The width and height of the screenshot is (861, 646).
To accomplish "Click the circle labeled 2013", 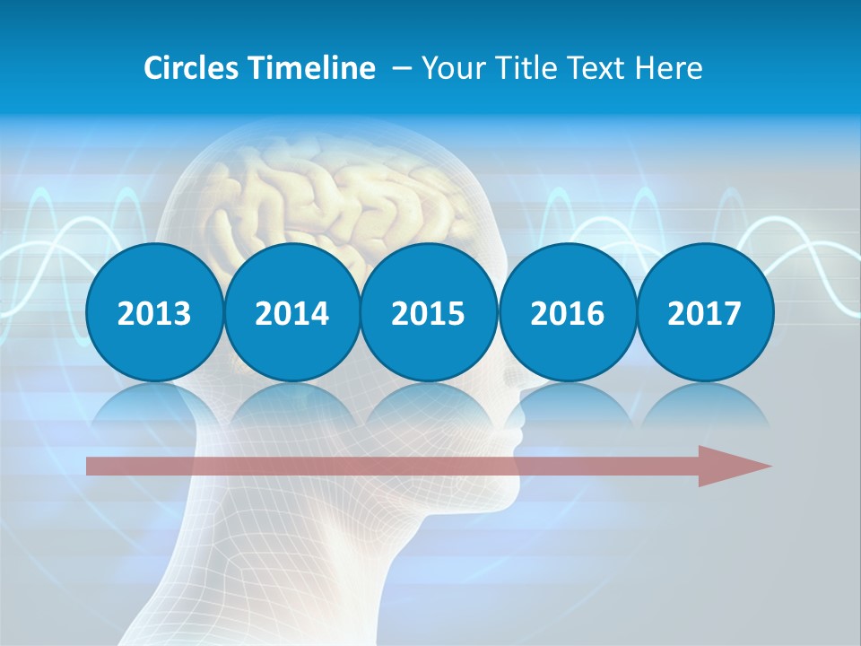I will (x=154, y=313).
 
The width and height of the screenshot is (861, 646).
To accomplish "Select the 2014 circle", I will (x=291, y=313).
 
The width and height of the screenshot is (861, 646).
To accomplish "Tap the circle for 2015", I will (x=429, y=313).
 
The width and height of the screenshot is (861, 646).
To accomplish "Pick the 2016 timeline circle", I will (x=567, y=313).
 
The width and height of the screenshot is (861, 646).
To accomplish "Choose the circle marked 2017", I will (x=704, y=313).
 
